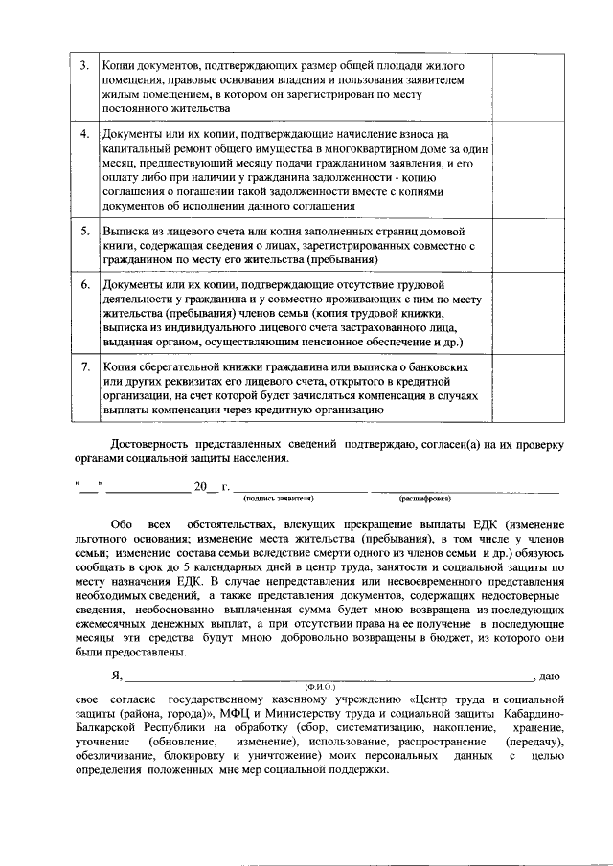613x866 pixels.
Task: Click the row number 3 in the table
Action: click(x=84, y=65)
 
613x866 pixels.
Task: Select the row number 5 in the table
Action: click(x=84, y=232)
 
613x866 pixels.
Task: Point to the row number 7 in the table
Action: click(x=84, y=366)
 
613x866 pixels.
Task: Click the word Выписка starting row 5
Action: click(x=125, y=232)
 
